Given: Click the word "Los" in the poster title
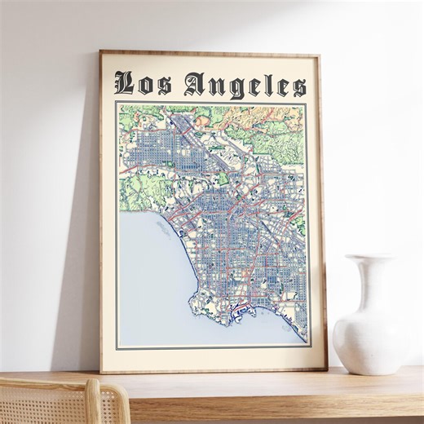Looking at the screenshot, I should point(144,83).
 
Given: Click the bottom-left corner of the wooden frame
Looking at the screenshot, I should point(101,372).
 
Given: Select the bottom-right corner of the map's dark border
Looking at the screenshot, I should point(307,348).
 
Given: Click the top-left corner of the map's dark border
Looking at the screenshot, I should point(115,102).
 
